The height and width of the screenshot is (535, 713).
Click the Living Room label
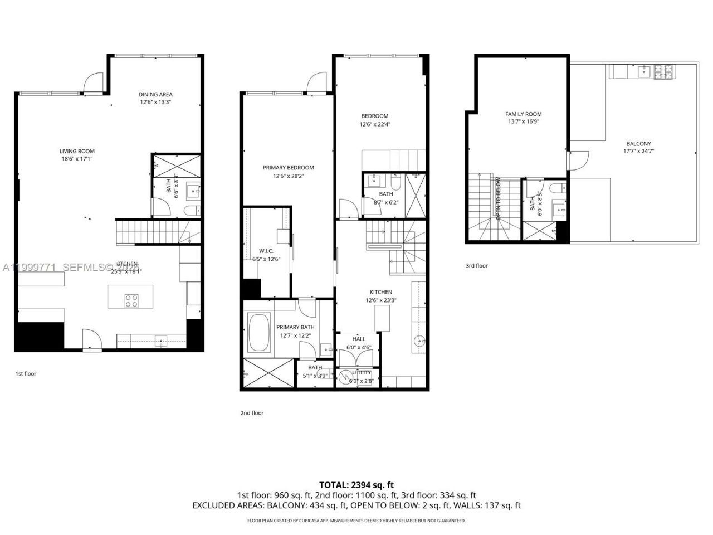(x=77, y=151)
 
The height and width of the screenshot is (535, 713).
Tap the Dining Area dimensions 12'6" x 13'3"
(x=155, y=103)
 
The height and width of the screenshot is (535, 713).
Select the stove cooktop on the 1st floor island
(x=131, y=301)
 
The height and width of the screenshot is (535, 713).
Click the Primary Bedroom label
(x=288, y=167)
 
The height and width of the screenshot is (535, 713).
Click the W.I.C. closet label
(x=265, y=250)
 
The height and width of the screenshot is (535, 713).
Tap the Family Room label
(x=523, y=114)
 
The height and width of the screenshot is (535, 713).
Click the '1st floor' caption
(x=26, y=373)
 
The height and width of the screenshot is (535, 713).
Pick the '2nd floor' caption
(x=252, y=413)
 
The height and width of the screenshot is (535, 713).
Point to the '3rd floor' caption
(x=476, y=266)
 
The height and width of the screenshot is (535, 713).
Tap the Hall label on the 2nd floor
(x=359, y=339)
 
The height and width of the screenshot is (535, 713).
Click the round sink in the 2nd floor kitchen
(x=419, y=341)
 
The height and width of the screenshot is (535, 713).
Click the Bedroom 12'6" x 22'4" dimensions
(x=374, y=124)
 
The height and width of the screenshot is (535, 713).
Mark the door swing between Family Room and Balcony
(x=576, y=160)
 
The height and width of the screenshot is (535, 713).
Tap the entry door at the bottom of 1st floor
(x=91, y=338)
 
